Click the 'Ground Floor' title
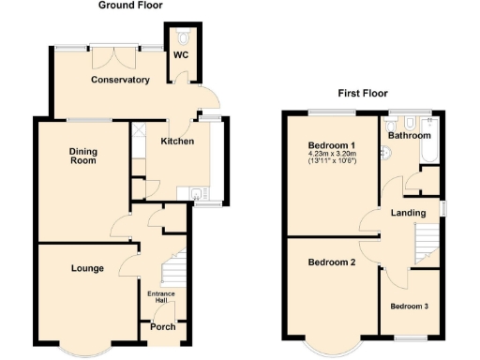130,6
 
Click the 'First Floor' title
364,93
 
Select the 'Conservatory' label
120,80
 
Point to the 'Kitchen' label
177,142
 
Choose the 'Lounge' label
86,268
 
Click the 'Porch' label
163,326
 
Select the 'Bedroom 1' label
332,145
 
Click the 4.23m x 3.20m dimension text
333,156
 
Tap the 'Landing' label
409,213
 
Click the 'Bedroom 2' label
332,262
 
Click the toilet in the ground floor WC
182,37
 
